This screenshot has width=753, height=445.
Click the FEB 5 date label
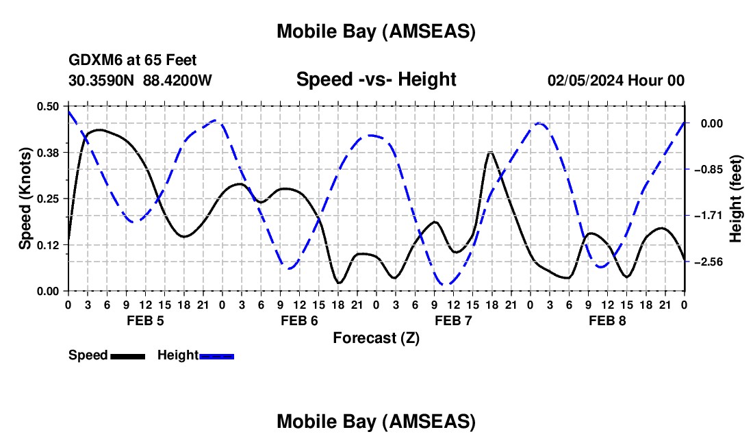click(x=144, y=320)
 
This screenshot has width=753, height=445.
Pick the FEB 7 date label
click(x=453, y=320)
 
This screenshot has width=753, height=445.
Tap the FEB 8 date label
click(x=607, y=320)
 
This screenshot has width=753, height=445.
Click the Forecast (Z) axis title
click(x=376, y=338)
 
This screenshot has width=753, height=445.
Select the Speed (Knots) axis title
click(x=25, y=199)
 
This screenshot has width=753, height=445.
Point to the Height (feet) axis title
click(x=737, y=199)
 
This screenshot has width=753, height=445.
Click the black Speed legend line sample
click(x=127, y=355)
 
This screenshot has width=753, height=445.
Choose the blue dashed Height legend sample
click(x=217, y=355)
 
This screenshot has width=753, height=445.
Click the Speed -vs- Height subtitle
click(x=376, y=79)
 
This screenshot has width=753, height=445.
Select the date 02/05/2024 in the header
click(x=586, y=80)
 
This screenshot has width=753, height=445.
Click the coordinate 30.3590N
click(x=102, y=80)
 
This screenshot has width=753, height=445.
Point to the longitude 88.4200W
click(x=177, y=80)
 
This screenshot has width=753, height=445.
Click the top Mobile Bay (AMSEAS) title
click(x=376, y=31)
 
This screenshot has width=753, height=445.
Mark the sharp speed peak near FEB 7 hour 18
click(x=489, y=152)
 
